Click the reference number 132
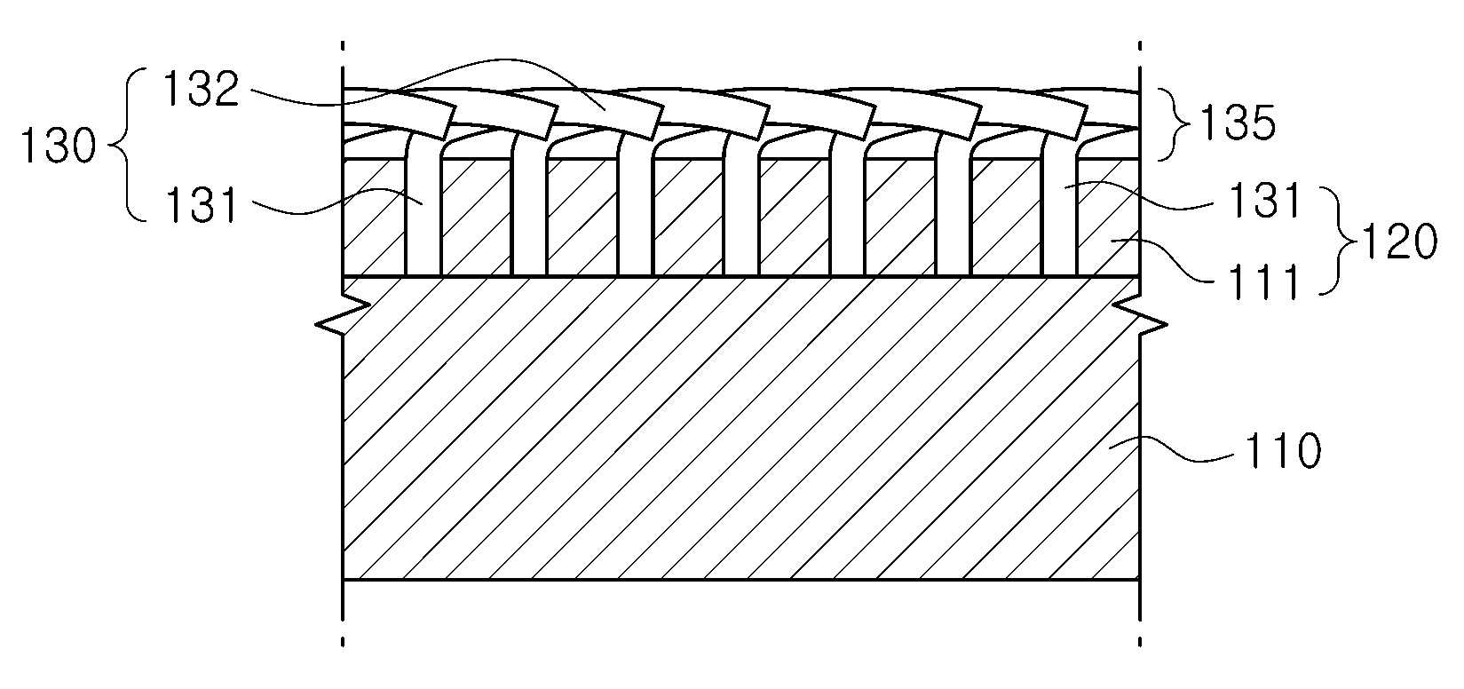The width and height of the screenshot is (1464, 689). (202, 90)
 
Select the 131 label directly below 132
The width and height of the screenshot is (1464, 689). (202, 204)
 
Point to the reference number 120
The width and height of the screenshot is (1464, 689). (1398, 242)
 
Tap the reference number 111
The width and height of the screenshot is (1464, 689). (1264, 281)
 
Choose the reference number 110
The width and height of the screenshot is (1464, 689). (1283, 451)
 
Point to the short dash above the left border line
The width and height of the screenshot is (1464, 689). (343, 46)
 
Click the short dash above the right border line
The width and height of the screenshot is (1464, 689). (1140, 46)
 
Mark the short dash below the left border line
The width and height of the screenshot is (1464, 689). (343, 642)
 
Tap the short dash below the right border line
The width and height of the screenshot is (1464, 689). (1140, 642)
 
